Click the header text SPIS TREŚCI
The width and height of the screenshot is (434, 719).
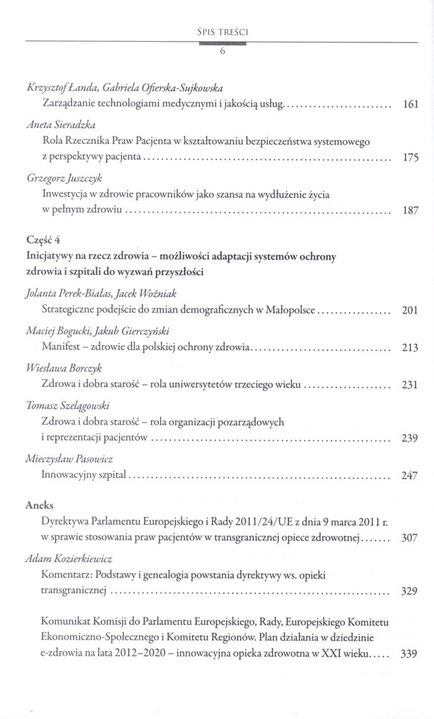[222, 31]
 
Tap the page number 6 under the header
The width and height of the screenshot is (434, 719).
[223, 52]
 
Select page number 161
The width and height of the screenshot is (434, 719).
[410, 105]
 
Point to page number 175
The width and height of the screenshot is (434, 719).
[410, 157]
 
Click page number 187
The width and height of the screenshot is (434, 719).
[410, 211]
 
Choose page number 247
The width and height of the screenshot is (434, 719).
[410, 475]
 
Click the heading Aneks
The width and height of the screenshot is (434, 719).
[39, 506]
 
